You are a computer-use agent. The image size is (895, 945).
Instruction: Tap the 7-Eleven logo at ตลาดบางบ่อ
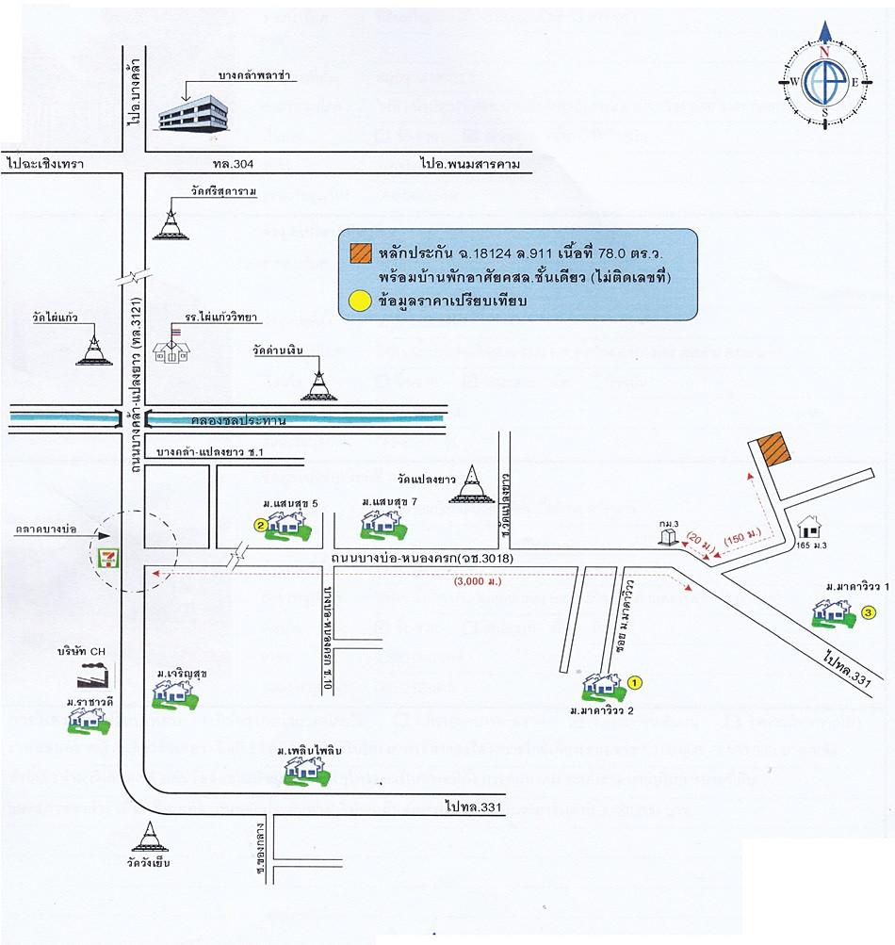[110, 555]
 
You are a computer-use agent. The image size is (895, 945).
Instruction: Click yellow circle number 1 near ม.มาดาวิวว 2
[635, 681]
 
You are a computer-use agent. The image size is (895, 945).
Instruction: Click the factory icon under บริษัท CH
[94, 676]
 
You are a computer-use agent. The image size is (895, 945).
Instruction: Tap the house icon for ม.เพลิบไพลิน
[307, 771]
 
